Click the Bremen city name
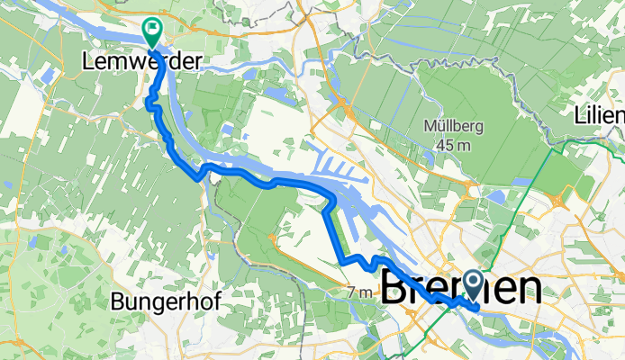(x=462, y=290)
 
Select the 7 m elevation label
(x=359, y=292)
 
